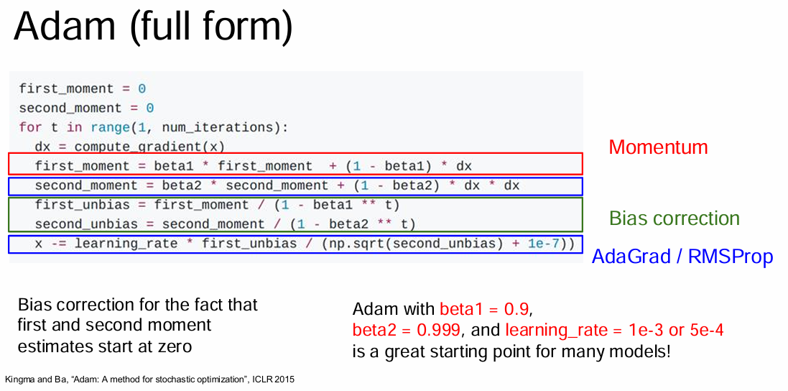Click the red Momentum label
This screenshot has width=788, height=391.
coord(658,147)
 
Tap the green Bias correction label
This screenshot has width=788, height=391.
coord(675,218)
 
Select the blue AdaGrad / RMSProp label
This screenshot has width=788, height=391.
coord(682,257)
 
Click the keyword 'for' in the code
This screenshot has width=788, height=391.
coord(31,127)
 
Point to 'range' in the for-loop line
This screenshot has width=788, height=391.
coord(111,127)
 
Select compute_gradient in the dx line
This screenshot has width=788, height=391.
coord(142,147)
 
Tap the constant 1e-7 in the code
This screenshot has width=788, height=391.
coord(544,244)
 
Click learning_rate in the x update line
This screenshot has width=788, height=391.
coord(126,244)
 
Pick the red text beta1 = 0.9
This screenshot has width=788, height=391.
coord(484,308)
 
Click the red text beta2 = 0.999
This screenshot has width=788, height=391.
coord(406,330)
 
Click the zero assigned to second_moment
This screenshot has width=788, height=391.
coord(149,109)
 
